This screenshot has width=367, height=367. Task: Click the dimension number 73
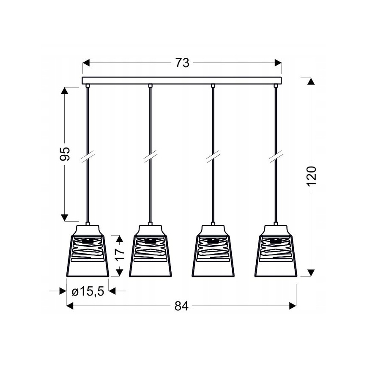(182, 63)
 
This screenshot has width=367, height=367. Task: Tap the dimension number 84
(181, 306)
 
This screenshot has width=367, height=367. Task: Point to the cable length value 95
(65, 154)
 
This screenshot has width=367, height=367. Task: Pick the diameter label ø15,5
(88, 291)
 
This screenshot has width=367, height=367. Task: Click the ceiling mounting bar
(182, 80)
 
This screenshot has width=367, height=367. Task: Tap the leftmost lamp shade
(88, 251)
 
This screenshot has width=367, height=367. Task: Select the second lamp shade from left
(150, 251)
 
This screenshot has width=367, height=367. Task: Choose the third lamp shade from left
(213, 251)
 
